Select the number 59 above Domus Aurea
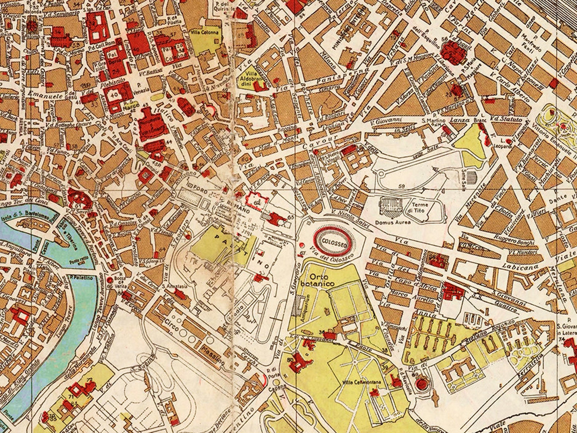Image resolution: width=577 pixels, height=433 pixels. click(402, 187)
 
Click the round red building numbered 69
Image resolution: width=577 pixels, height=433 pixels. click(422, 384)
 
